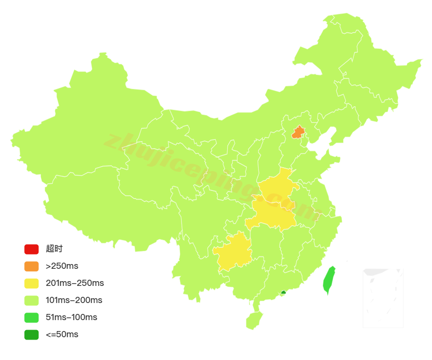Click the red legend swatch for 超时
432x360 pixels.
(x=31, y=249)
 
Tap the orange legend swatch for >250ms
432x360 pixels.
(x=31, y=266)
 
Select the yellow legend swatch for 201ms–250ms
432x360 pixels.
(x=31, y=283)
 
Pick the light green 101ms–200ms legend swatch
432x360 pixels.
(x=31, y=300)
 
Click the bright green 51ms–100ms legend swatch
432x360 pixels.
(x=31, y=317)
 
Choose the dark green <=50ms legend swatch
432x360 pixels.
(x=31, y=334)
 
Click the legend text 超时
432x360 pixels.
(x=54, y=249)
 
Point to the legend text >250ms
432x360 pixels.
(x=62, y=266)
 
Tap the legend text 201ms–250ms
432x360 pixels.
(x=75, y=283)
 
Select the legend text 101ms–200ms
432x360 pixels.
(x=74, y=300)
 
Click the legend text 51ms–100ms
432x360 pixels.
(x=71, y=317)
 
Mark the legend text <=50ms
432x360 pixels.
(x=62, y=334)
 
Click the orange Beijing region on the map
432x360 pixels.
(x=298, y=133)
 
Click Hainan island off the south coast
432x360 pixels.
(x=254, y=321)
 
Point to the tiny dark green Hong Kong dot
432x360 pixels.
(x=283, y=293)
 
